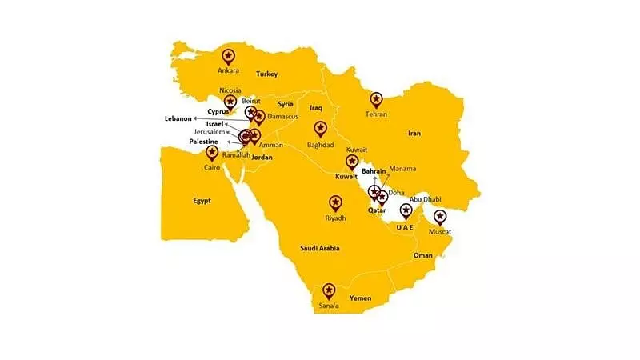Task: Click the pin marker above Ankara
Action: coord(229,56)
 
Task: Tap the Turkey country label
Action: coord(266,74)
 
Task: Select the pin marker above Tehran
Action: coord(377,100)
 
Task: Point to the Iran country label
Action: coord(414,133)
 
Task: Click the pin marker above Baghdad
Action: coord(320,128)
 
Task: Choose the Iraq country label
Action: coord(315,106)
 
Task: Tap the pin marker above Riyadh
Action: coord(335,203)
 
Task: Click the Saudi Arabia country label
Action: coord(319,248)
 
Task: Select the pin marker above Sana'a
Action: coord(327,291)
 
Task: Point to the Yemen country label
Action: coord(361,298)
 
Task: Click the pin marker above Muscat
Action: coord(439,217)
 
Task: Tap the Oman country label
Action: coord(422,255)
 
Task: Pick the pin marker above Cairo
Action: coord(212,152)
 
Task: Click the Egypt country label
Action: coord(202,201)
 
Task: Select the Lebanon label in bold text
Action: coord(179,118)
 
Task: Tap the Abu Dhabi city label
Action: coord(424,199)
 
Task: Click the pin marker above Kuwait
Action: coord(351,162)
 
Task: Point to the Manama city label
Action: coord(402,169)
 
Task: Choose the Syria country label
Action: coord(286,104)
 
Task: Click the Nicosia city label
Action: coord(230,90)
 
